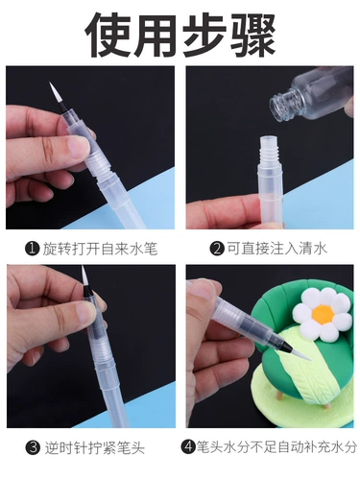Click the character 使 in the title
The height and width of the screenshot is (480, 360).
108,34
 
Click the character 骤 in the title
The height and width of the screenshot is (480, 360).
253,34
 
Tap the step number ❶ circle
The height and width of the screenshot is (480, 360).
33,249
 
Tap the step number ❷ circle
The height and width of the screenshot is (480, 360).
217,249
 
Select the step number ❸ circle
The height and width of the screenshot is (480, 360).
34,447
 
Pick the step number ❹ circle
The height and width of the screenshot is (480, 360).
188,446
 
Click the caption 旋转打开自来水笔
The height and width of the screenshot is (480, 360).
100,249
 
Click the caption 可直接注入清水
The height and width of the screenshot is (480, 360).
277,249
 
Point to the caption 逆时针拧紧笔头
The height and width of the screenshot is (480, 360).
95,447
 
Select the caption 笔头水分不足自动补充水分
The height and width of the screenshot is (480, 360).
276,446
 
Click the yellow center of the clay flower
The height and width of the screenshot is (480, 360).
323,315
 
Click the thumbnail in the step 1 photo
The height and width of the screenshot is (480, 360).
78,147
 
